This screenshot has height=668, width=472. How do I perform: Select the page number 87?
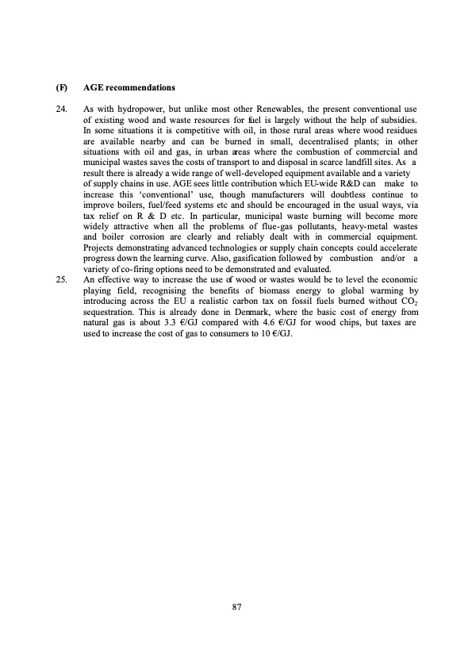(x=236, y=607)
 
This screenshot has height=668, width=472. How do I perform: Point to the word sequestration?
(x=109, y=313)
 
